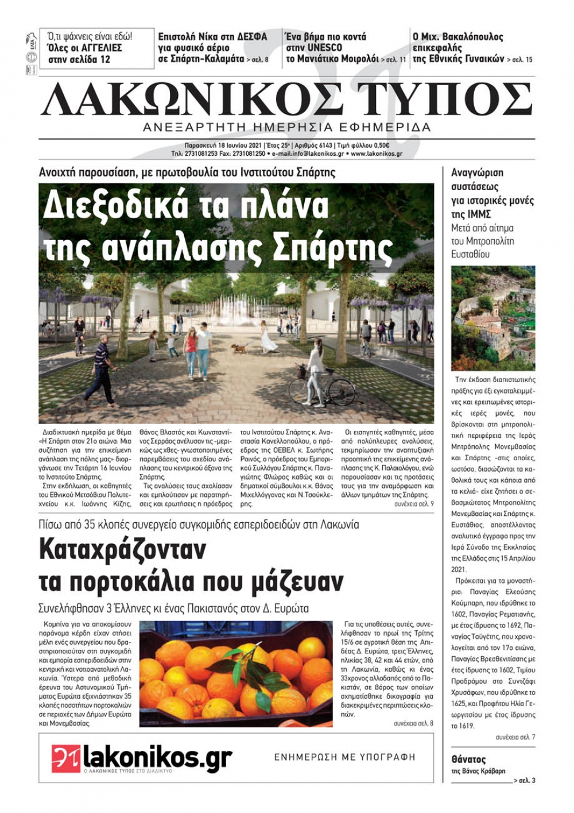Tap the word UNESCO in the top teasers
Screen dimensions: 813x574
tap(324, 48)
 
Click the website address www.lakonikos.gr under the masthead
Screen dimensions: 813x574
tap(377, 154)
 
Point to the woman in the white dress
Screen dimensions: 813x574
tap(267, 338)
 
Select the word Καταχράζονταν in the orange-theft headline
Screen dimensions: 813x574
tap(122, 550)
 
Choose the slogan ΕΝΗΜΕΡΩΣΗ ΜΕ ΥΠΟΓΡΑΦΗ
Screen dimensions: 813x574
tap(344, 757)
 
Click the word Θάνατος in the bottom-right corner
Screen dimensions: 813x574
tap(468, 760)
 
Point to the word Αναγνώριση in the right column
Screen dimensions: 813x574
tap(477, 172)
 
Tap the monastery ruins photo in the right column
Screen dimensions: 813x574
tap(492, 318)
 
